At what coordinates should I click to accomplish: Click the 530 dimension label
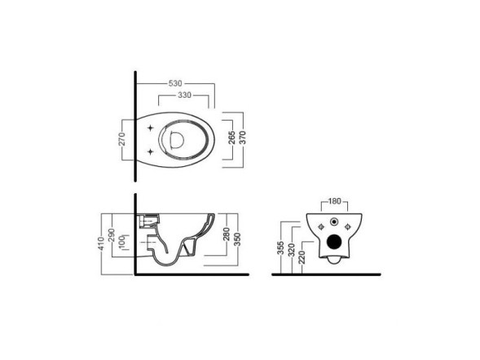click(x=175, y=83)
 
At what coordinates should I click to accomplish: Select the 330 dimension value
click(x=185, y=95)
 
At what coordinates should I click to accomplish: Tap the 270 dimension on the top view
click(x=122, y=138)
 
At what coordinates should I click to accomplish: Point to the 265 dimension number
click(x=232, y=138)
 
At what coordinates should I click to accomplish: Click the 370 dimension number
click(x=242, y=138)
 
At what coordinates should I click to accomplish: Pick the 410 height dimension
click(x=102, y=244)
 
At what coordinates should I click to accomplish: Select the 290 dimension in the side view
click(x=112, y=235)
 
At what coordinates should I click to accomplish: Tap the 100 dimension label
click(x=122, y=242)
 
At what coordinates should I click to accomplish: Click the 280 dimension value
click(x=227, y=234)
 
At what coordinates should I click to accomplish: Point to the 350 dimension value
click(x=237, y=239)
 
